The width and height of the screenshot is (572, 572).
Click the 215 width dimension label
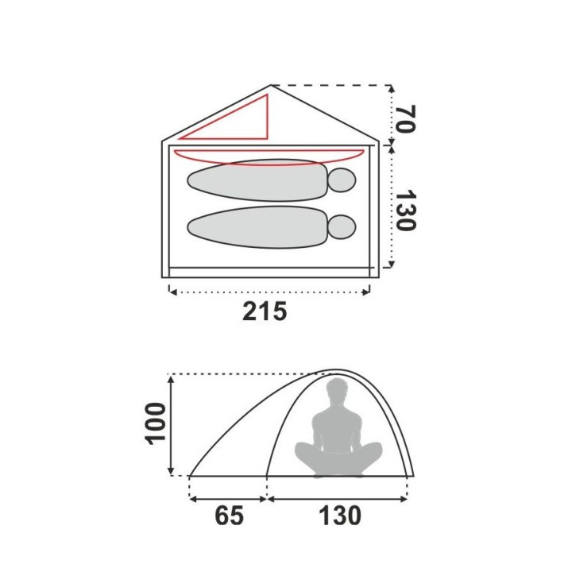265,311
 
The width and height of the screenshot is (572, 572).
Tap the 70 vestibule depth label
405,119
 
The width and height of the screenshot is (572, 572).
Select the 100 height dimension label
156,423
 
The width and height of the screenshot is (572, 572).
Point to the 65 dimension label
229,516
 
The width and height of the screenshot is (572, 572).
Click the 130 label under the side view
340,516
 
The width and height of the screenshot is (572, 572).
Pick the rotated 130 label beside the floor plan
405,210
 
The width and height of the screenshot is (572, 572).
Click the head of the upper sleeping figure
342,180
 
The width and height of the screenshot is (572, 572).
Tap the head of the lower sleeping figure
342,227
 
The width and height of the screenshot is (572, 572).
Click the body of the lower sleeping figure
257,227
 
